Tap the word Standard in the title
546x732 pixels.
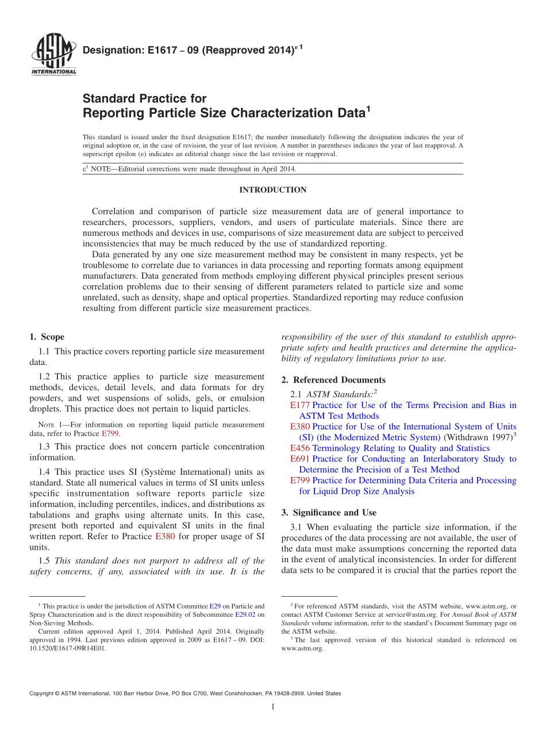point(111,98)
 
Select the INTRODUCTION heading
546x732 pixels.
point(272,190)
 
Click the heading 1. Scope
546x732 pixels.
point(47,337)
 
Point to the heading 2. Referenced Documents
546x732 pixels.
point(333,380)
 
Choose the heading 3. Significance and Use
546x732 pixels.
point(329,512)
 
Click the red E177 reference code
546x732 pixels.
point(300,405)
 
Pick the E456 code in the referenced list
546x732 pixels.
point(300,448)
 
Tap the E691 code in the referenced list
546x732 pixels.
point(300,459)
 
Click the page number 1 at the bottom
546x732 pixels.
point(272,707)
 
